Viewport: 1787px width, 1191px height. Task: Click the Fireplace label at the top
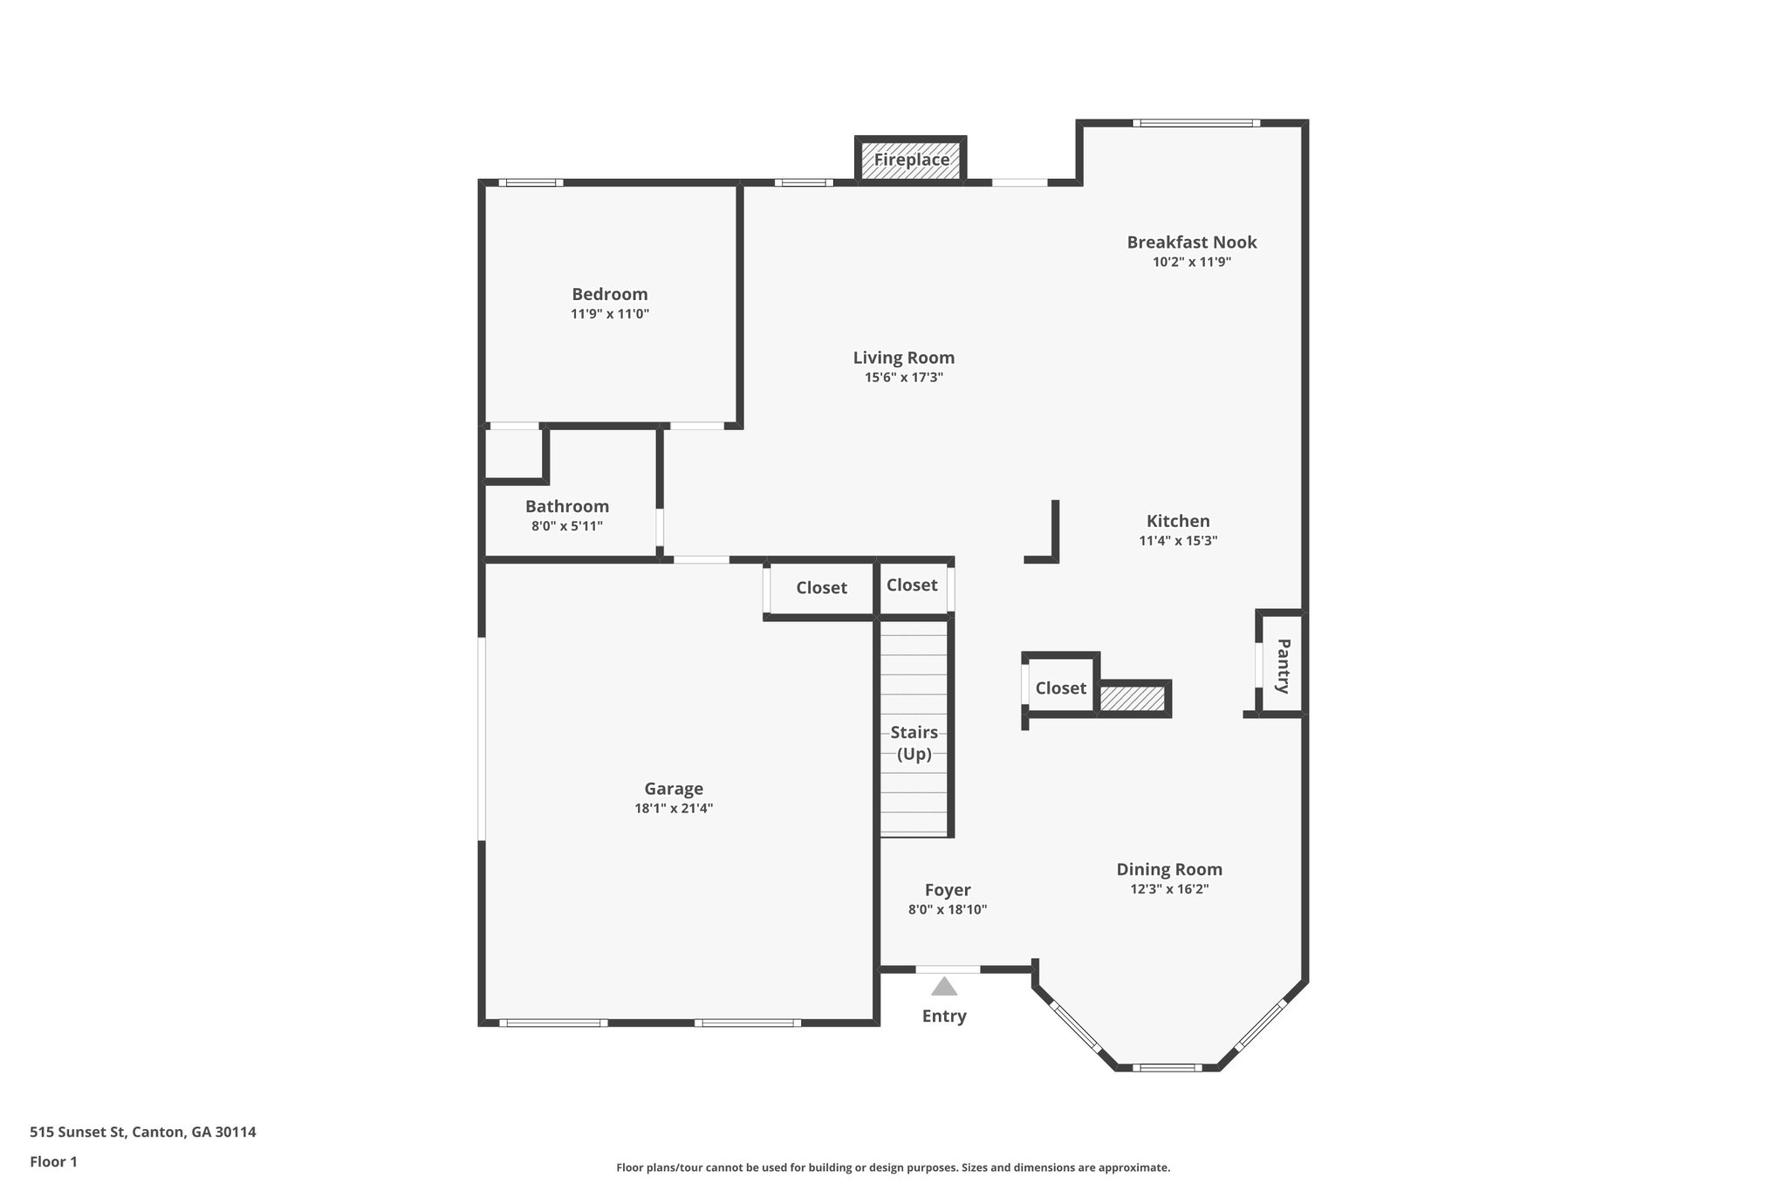[911, 161]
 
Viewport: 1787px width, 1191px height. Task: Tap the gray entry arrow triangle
[944, 987]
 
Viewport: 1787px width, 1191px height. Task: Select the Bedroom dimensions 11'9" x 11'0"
[610, 314]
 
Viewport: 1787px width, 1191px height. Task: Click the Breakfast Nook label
[1191, 243]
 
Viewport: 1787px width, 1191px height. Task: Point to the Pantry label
[1283, 666]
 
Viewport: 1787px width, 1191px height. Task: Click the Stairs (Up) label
[914, 743]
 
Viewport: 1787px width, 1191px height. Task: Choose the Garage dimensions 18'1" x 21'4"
[674, 809]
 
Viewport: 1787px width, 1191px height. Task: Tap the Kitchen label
[1178, 521]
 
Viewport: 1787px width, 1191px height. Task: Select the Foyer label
[948, 890]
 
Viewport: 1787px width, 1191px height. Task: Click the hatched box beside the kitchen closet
[1132, 699]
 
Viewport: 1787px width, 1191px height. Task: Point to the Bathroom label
[567, 506]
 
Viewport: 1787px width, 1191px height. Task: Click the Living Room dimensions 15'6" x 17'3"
[904, 378]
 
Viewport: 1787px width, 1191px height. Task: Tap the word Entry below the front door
[944, 1016]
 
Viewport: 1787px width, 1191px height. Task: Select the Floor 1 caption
[54, 1162]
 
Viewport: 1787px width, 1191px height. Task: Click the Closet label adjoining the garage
[821, 588]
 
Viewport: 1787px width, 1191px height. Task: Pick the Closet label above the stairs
[912, 585]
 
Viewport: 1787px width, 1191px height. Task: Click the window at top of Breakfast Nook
[1196, 123]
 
